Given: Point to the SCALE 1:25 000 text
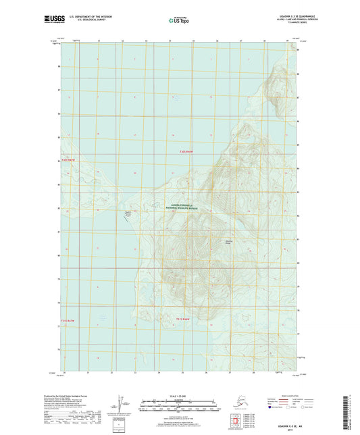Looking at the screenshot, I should (x=180, y=390).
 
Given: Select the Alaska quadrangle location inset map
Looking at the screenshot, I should (x=233, y=403).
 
